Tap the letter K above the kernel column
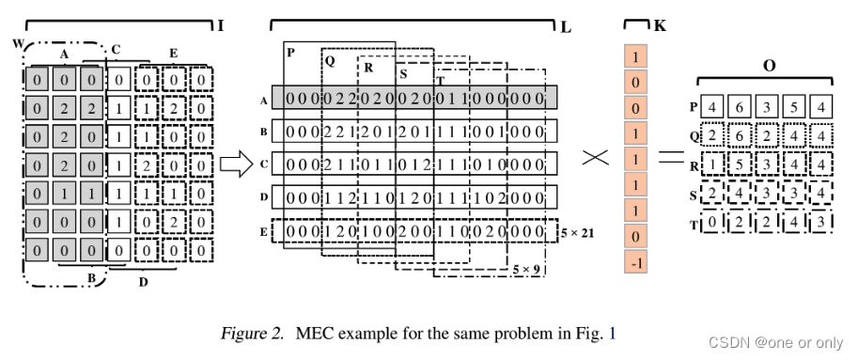[x=660, y=25]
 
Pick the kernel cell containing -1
[x=636, y=262]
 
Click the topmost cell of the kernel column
[x=636, y=58]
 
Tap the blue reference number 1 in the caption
[x=613, y=332]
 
